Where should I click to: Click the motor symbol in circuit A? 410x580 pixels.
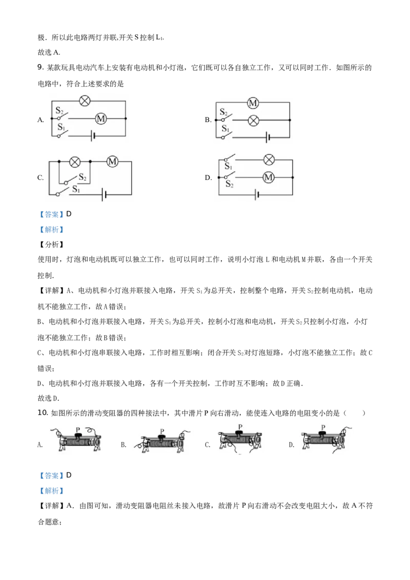100,119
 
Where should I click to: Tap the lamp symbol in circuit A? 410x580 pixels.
85,100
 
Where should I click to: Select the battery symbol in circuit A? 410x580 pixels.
93,136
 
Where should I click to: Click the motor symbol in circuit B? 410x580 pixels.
253,103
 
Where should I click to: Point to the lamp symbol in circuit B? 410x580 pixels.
253,120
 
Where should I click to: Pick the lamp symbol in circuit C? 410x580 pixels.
75,161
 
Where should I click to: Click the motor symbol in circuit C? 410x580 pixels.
112,161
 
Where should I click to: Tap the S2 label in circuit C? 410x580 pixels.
82,177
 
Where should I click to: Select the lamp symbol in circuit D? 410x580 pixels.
269,160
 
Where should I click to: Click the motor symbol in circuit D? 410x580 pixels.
269,178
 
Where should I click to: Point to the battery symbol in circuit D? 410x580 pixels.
257,195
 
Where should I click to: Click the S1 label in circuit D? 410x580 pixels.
228,166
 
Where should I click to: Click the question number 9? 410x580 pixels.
40,67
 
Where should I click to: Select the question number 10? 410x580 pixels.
43,413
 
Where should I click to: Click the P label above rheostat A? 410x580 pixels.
78,430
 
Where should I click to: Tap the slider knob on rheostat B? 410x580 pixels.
161,437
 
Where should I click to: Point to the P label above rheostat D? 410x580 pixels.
323,428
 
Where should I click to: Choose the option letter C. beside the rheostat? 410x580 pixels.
208,445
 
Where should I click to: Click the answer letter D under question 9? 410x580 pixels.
69,214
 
